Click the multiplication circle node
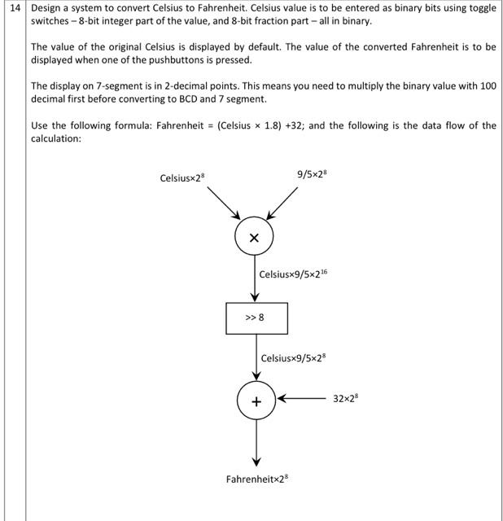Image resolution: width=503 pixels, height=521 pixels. (x=255, y=238)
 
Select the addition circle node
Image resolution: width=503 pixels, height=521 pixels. (x=256, y=401)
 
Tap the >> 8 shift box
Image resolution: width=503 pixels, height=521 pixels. (x=256, y=318)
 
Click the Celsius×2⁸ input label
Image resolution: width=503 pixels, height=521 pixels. (x=183, y=177)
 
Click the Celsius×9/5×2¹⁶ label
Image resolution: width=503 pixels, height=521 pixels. (x=293, y=274)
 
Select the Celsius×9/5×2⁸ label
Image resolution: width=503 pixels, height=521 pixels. (x=293, y=357)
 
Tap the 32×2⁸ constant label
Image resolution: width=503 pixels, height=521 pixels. (x=346, y=399)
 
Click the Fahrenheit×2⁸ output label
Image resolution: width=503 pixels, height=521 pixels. (x=256, y=479)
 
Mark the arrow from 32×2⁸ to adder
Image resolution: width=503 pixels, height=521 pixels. (x=301, y=400)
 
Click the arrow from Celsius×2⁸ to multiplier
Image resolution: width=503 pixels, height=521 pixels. (x=223, y=203)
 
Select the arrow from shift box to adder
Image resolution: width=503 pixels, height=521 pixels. (x=256, y=357)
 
